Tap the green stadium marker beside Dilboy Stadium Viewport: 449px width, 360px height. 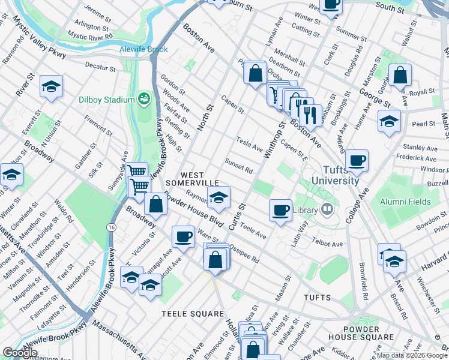coord(143,97)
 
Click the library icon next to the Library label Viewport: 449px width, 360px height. coord(327,210)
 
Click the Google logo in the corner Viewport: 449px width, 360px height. coord(20,353)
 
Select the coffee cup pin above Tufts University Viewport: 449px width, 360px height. coord(357,160)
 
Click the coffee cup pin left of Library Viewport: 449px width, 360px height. coord(280,210)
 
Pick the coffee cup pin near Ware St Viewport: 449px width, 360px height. coord(184,236)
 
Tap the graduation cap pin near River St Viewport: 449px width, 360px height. coord(52,86)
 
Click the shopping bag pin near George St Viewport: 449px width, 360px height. coord(400,75)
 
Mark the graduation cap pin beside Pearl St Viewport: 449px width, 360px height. coord(389,121)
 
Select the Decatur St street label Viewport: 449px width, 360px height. coord(100,68)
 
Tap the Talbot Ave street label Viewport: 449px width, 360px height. coord(327,244)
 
